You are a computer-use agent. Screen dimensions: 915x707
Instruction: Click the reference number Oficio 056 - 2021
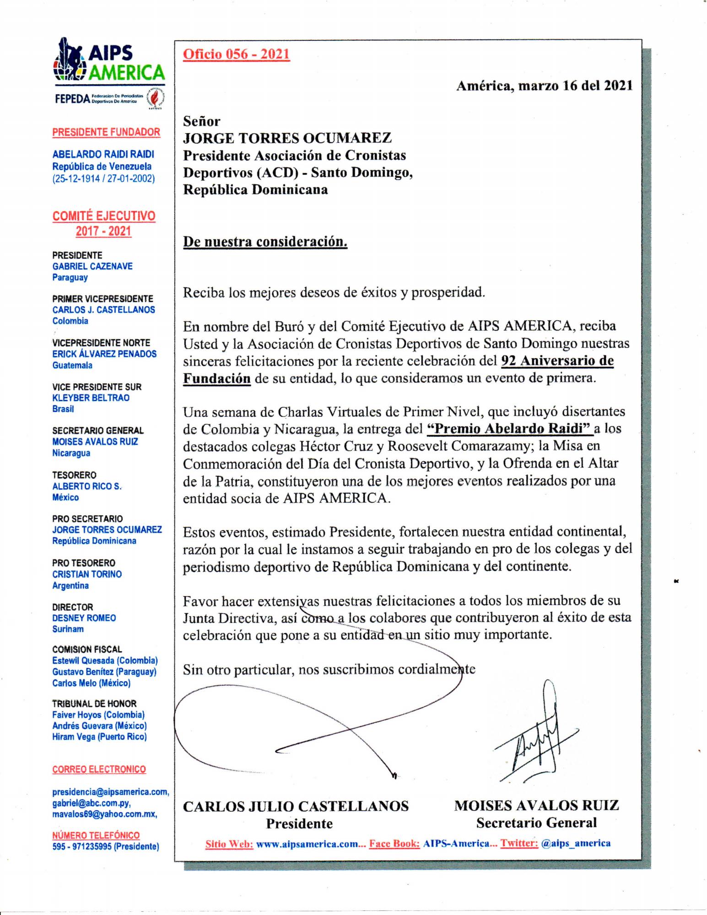[x=236, y=54]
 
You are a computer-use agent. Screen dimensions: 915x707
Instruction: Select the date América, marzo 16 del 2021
[x=544, y=86]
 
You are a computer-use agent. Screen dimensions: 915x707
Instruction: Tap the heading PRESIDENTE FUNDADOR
[x=106, y=132]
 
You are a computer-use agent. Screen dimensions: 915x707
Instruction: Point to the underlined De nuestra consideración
[x=265, y=242]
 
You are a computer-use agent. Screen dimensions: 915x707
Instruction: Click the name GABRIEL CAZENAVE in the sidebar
[x=92, y=266]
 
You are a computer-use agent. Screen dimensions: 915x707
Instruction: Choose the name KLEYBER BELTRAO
[x=91, y=398]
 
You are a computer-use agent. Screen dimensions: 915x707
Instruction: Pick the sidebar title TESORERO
[x=74, y=475]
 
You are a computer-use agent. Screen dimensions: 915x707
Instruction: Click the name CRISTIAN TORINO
[x=87, y=574]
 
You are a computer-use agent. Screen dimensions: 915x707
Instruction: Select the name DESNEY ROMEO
[x=84, y=618]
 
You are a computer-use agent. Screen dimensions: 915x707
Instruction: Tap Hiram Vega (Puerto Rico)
[x=99, y=737]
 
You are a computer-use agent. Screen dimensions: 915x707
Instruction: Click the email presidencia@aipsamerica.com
[x=110, y=792]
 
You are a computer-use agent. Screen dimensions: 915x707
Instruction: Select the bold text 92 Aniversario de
[x=557, y=361]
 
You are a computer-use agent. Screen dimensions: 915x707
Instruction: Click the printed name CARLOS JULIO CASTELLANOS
[x=296, y=806]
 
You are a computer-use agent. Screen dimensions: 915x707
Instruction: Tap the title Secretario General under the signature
[x=536, y=823]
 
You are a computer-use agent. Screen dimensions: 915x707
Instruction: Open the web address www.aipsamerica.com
[x=307, y=844]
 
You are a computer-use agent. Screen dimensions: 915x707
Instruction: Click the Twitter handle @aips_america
[x=575, y=843]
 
